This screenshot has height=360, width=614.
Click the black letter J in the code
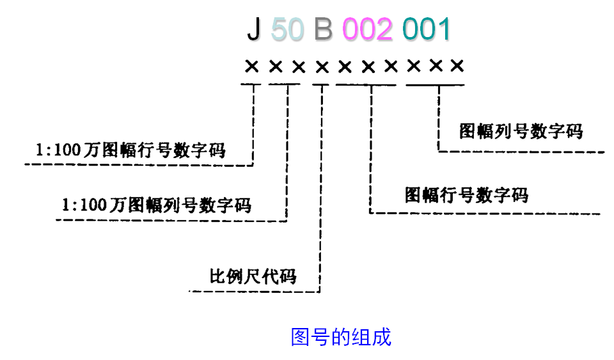click(x=253, y=30)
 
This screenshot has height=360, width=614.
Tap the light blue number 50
click(x=287, y=30)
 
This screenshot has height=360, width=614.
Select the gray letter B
click(x=323, y=30)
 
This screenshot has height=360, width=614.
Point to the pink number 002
click(x=367, y=30)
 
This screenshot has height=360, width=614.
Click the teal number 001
click(x=427, y=30)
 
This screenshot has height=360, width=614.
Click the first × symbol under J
click(x=252, y=66)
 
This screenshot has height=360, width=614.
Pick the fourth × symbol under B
click(x=322, y=66)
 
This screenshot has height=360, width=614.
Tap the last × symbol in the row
click(x=457, y=66)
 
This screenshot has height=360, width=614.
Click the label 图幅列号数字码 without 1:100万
click(x=521, y=131)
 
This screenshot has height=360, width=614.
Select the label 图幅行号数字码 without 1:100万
click(x=467, y=194)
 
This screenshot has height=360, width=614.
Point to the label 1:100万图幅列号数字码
click(x=157, y=205)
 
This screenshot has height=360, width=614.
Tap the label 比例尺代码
click(x=253, y=276)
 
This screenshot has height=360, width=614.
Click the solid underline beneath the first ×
click(x=252, y=84)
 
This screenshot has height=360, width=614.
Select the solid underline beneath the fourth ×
click(x=322, y=84)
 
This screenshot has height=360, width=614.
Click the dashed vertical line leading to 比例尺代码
click(x=320, y=192)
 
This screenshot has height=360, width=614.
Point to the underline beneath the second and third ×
click(x=287, y=84)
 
